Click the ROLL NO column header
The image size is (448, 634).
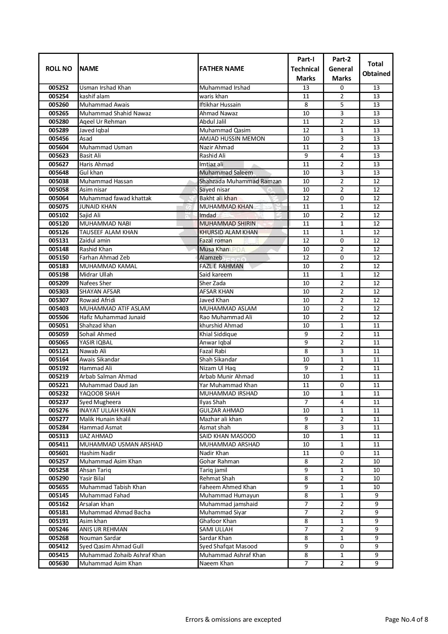coord(59,69)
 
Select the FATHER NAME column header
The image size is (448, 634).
coord(222,69)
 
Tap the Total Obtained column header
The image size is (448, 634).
coord(376,69)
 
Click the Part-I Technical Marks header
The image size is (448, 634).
coord(305,69)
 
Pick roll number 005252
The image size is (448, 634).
coord(59,88)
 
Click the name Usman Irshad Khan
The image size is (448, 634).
coord(105,88)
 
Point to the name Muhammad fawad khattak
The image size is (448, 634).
coord(116,198)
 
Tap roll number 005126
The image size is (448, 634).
coord(59,232)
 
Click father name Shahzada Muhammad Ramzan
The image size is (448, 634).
coord(240,181)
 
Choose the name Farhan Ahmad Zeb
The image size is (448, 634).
coord(104,258)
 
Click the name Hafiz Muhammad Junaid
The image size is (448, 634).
coord(112,317)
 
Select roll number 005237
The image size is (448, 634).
coord(59,402)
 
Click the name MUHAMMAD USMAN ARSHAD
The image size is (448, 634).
coord(121,445)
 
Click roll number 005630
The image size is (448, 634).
coord(59,564)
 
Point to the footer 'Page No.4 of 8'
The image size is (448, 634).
coord(406,620)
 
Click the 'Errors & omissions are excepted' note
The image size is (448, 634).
coord(233,620)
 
